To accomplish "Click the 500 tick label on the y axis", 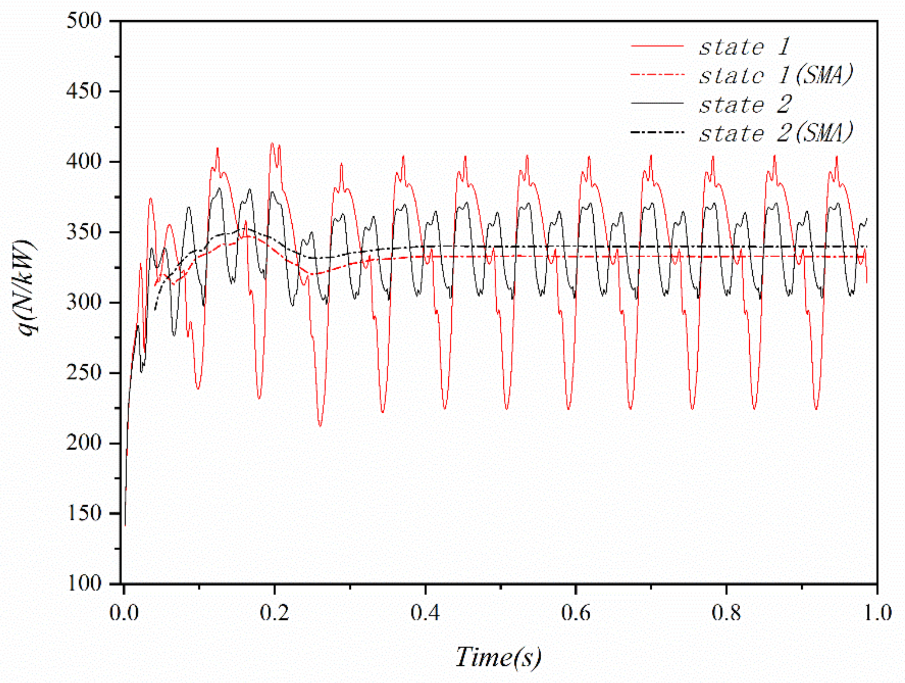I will pyautogui.click(x=83, y=21).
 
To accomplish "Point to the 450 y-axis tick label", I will pyautogui.click(x=83, y=92).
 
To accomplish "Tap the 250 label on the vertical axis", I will pyautogui.click(x=83, y=373).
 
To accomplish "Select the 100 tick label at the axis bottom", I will pyautogui.click(x=83, y=583).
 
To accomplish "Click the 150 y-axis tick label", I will pyautogui.click(x=83, y=513).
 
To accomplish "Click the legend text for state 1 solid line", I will pyautogui.click(x=744, y=47).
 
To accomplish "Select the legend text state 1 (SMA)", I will pyautogui.click(x=775, y=76).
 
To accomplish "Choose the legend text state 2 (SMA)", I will pyautogui.click(x=775, y=133).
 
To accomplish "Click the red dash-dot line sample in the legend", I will pyautogui.click(x=657, y=75).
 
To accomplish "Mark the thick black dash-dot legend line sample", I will pyautogui.click(x=657, y=132).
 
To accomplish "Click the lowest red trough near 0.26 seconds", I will pyautogui.click(x=320, y=426).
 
